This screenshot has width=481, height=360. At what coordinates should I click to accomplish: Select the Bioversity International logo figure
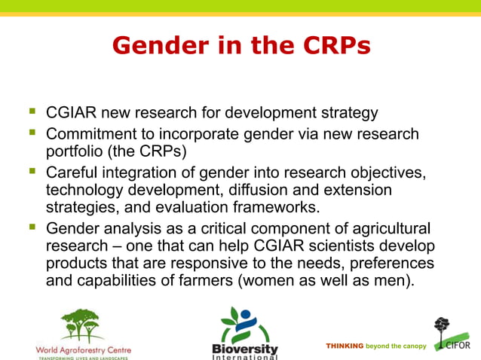point(244,325)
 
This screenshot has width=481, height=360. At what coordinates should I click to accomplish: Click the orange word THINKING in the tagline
point(345,346)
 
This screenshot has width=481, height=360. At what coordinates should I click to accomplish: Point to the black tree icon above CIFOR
point(443,328)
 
